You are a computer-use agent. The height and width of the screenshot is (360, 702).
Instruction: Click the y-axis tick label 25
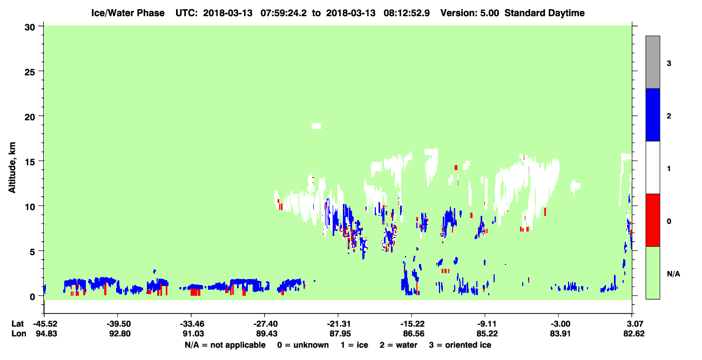(x=30, y=72)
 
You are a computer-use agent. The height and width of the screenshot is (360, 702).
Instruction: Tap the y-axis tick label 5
(x=32, y=252)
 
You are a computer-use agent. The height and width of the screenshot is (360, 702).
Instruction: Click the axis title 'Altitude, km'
(x=12, y=167)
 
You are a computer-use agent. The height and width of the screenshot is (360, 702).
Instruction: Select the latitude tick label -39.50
(x=118, y=324)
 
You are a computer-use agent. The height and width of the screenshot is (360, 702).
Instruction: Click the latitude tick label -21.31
(x=339, y=324)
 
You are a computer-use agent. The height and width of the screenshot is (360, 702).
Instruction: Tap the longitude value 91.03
(x=193, y=334)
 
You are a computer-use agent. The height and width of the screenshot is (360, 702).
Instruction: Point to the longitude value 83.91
(x=560, y=334)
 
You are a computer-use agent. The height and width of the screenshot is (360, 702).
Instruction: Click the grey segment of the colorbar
(x=652, y=62)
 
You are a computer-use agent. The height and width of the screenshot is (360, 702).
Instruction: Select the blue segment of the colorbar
(x=652, y=114)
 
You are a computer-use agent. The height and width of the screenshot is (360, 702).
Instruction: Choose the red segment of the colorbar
(x=652, y=220)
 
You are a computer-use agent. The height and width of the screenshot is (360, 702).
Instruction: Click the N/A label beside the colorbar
(x=673, y=274)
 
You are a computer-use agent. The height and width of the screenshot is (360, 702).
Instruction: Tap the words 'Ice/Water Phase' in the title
(x=128, y=13)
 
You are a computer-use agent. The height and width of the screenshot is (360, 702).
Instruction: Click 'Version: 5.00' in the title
(x=469, y=13)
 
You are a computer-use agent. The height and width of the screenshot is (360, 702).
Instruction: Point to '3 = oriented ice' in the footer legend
(x=460, y=345)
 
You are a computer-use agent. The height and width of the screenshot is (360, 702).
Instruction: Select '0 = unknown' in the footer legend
(x=303, y=345)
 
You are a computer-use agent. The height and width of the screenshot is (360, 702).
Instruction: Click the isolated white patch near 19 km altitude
(x=316, y=126)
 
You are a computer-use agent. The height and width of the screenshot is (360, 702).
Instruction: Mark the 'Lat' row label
(x=17, y=324)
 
